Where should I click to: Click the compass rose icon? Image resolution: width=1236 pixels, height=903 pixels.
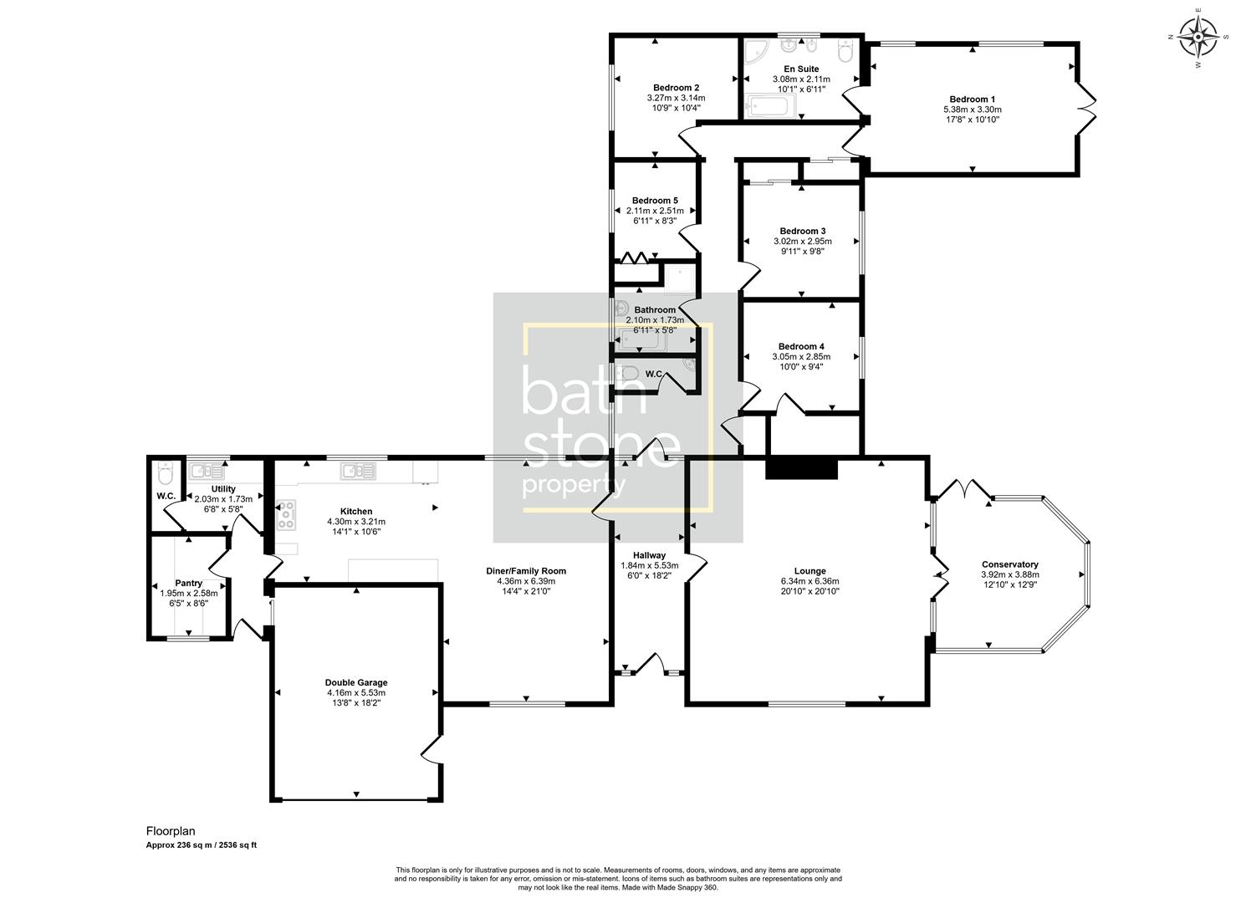pos(1198,37)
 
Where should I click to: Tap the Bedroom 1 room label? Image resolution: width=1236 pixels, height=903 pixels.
pos(972,98)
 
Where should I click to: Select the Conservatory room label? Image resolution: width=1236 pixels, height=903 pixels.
pos(1009,564)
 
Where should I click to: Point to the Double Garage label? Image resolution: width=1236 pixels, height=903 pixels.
pos(356,682)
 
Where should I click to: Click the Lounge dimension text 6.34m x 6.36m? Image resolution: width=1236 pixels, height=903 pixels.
pos(810,581)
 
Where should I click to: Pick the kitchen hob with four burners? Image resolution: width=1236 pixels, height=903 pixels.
pos(285,514)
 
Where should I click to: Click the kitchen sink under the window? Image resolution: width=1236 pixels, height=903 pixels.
pos(358,472)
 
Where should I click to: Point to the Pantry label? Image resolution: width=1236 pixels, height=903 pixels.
pos(188,583)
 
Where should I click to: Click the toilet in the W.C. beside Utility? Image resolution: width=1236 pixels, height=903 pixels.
pos(165,474)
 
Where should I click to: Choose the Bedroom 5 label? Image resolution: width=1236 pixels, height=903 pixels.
pos(655,201)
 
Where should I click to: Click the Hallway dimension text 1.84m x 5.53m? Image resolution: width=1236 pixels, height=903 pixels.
pos(649,565)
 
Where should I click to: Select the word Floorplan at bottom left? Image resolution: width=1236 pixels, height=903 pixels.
pos(171,831)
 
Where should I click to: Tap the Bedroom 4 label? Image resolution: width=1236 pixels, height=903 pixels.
pos(801,346)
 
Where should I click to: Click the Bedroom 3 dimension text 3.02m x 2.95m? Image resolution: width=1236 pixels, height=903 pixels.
pos(803,241)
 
